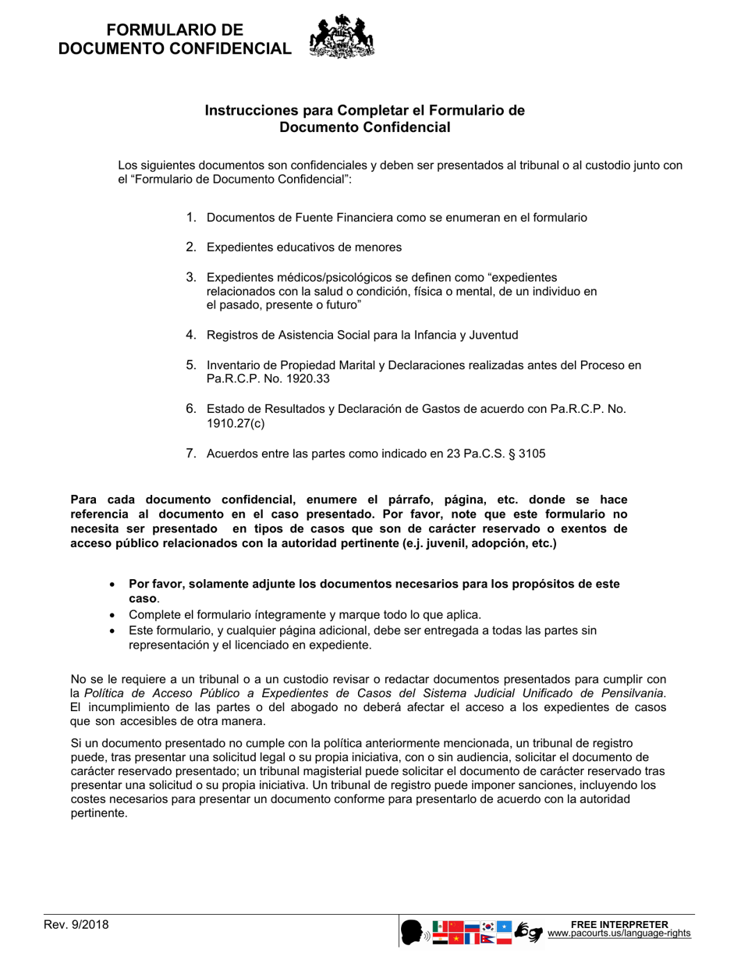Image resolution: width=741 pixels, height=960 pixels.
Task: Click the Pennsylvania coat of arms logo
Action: (x=342, y=37)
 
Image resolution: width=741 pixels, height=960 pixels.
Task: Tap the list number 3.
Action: (x=190, y=277)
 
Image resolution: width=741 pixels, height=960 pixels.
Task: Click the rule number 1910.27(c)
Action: (x=236, y=422)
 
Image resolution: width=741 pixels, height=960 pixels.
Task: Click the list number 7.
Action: (x=190, y=453)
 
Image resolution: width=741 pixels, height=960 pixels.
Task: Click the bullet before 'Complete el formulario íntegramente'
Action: (x=113, y=615)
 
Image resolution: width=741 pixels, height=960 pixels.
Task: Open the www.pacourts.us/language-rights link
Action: (x=619, y=933)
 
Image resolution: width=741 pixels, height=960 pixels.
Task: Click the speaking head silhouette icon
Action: (x=411, y=932)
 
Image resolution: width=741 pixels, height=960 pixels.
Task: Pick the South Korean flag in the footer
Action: (x=488, y=926)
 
